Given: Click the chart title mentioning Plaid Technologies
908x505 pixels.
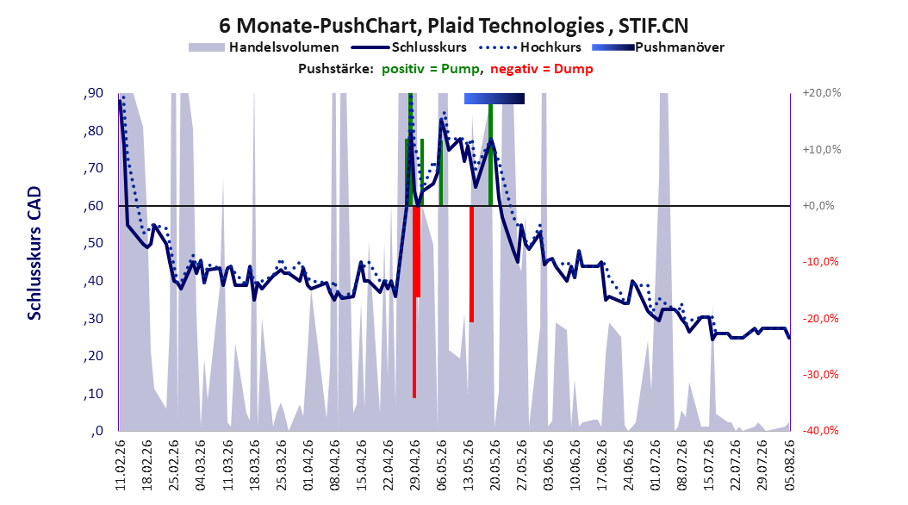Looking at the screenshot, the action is point(453,26).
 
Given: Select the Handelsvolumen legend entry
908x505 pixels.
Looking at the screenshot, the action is point(264,47).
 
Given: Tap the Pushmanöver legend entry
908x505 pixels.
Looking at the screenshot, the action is point(658,47).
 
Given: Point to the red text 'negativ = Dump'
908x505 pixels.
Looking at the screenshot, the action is point(542,69).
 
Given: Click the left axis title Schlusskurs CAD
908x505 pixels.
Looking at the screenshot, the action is point(34,253).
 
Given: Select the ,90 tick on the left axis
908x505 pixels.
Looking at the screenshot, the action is point(93,93).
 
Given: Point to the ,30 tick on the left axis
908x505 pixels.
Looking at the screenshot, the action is point(93,318).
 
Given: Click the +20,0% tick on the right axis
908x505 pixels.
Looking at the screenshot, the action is point(822,93).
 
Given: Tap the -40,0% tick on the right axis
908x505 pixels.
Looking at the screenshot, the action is point(820,430).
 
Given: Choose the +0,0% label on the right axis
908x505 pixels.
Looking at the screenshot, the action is point(818,206).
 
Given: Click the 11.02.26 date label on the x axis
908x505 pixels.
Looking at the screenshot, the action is point(121,465).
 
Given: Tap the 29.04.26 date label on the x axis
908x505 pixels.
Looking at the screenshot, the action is point(414,465).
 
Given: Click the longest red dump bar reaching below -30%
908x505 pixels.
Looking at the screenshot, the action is point(414,302).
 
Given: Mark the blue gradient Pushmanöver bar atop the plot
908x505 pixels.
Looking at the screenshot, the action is point(494,98).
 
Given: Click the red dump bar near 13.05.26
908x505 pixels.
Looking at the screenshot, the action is point(471,264).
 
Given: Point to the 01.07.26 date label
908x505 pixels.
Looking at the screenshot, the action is point(656,465).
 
